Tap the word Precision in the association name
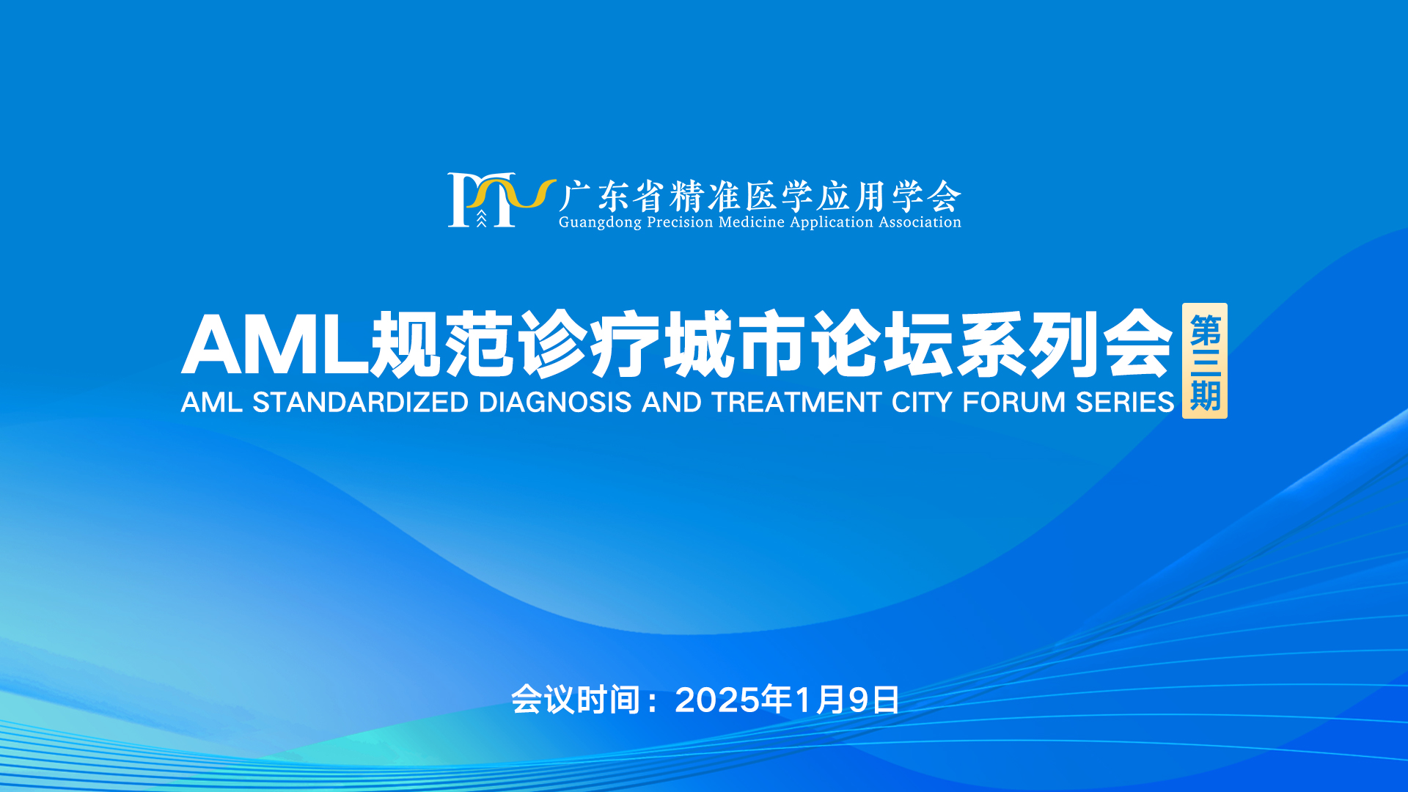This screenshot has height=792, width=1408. pyautogui.click(x=680, y=222)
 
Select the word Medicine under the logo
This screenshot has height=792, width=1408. pyautogui.click(x=752, y=222)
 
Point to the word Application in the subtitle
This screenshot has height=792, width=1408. pyautogui.click(x=832, y=223)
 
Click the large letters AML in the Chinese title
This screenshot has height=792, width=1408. pyautogui.click(x=275, y=345)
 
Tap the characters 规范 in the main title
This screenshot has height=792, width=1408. pyautogui.click(x=443, y=344)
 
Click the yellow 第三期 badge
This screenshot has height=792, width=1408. pyautogui.click(x=1205, y=361)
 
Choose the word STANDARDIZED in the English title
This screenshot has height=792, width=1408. pyautogui.click(x=360, y=403)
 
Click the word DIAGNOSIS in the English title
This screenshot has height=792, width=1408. pyautogui.click(x=555, y=403)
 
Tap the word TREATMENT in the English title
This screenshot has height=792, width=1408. pyautogui.click(x=796, y=403)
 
